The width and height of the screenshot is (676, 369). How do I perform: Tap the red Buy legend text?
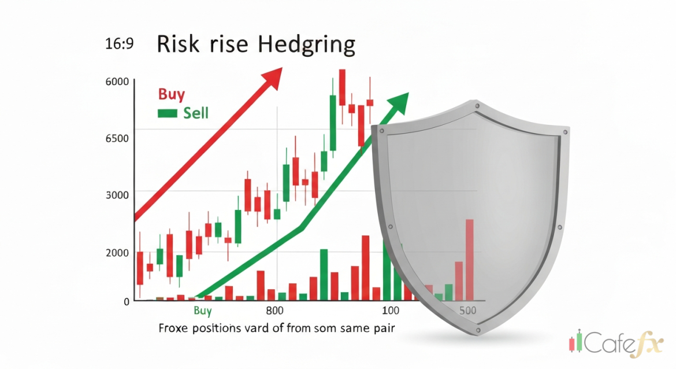171,94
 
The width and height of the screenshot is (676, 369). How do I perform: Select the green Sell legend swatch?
167,113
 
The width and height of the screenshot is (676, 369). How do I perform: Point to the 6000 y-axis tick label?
117,82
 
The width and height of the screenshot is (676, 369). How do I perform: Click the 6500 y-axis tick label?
117,139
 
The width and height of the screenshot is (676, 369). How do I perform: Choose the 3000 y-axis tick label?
117,194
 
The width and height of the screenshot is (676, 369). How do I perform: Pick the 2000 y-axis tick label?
117,252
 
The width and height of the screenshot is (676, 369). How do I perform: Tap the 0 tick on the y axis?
126,301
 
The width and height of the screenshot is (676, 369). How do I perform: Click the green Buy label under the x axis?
202,311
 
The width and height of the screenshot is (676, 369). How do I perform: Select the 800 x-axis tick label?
275,311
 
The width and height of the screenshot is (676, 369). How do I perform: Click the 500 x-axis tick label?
467,311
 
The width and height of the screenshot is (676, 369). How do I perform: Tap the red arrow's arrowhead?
273,76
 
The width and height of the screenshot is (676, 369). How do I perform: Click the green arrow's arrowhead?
399,102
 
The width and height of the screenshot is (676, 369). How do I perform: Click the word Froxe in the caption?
173,329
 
